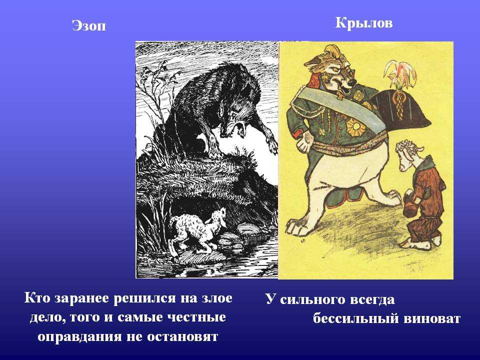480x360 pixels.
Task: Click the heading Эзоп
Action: [x=89, y=25]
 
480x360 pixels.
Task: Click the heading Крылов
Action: [x=363, y=23]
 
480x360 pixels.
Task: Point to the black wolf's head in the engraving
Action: [x=234, y=122]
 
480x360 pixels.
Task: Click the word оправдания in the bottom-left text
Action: [x=79, y=336]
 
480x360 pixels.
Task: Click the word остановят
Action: [x=182, y=337]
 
